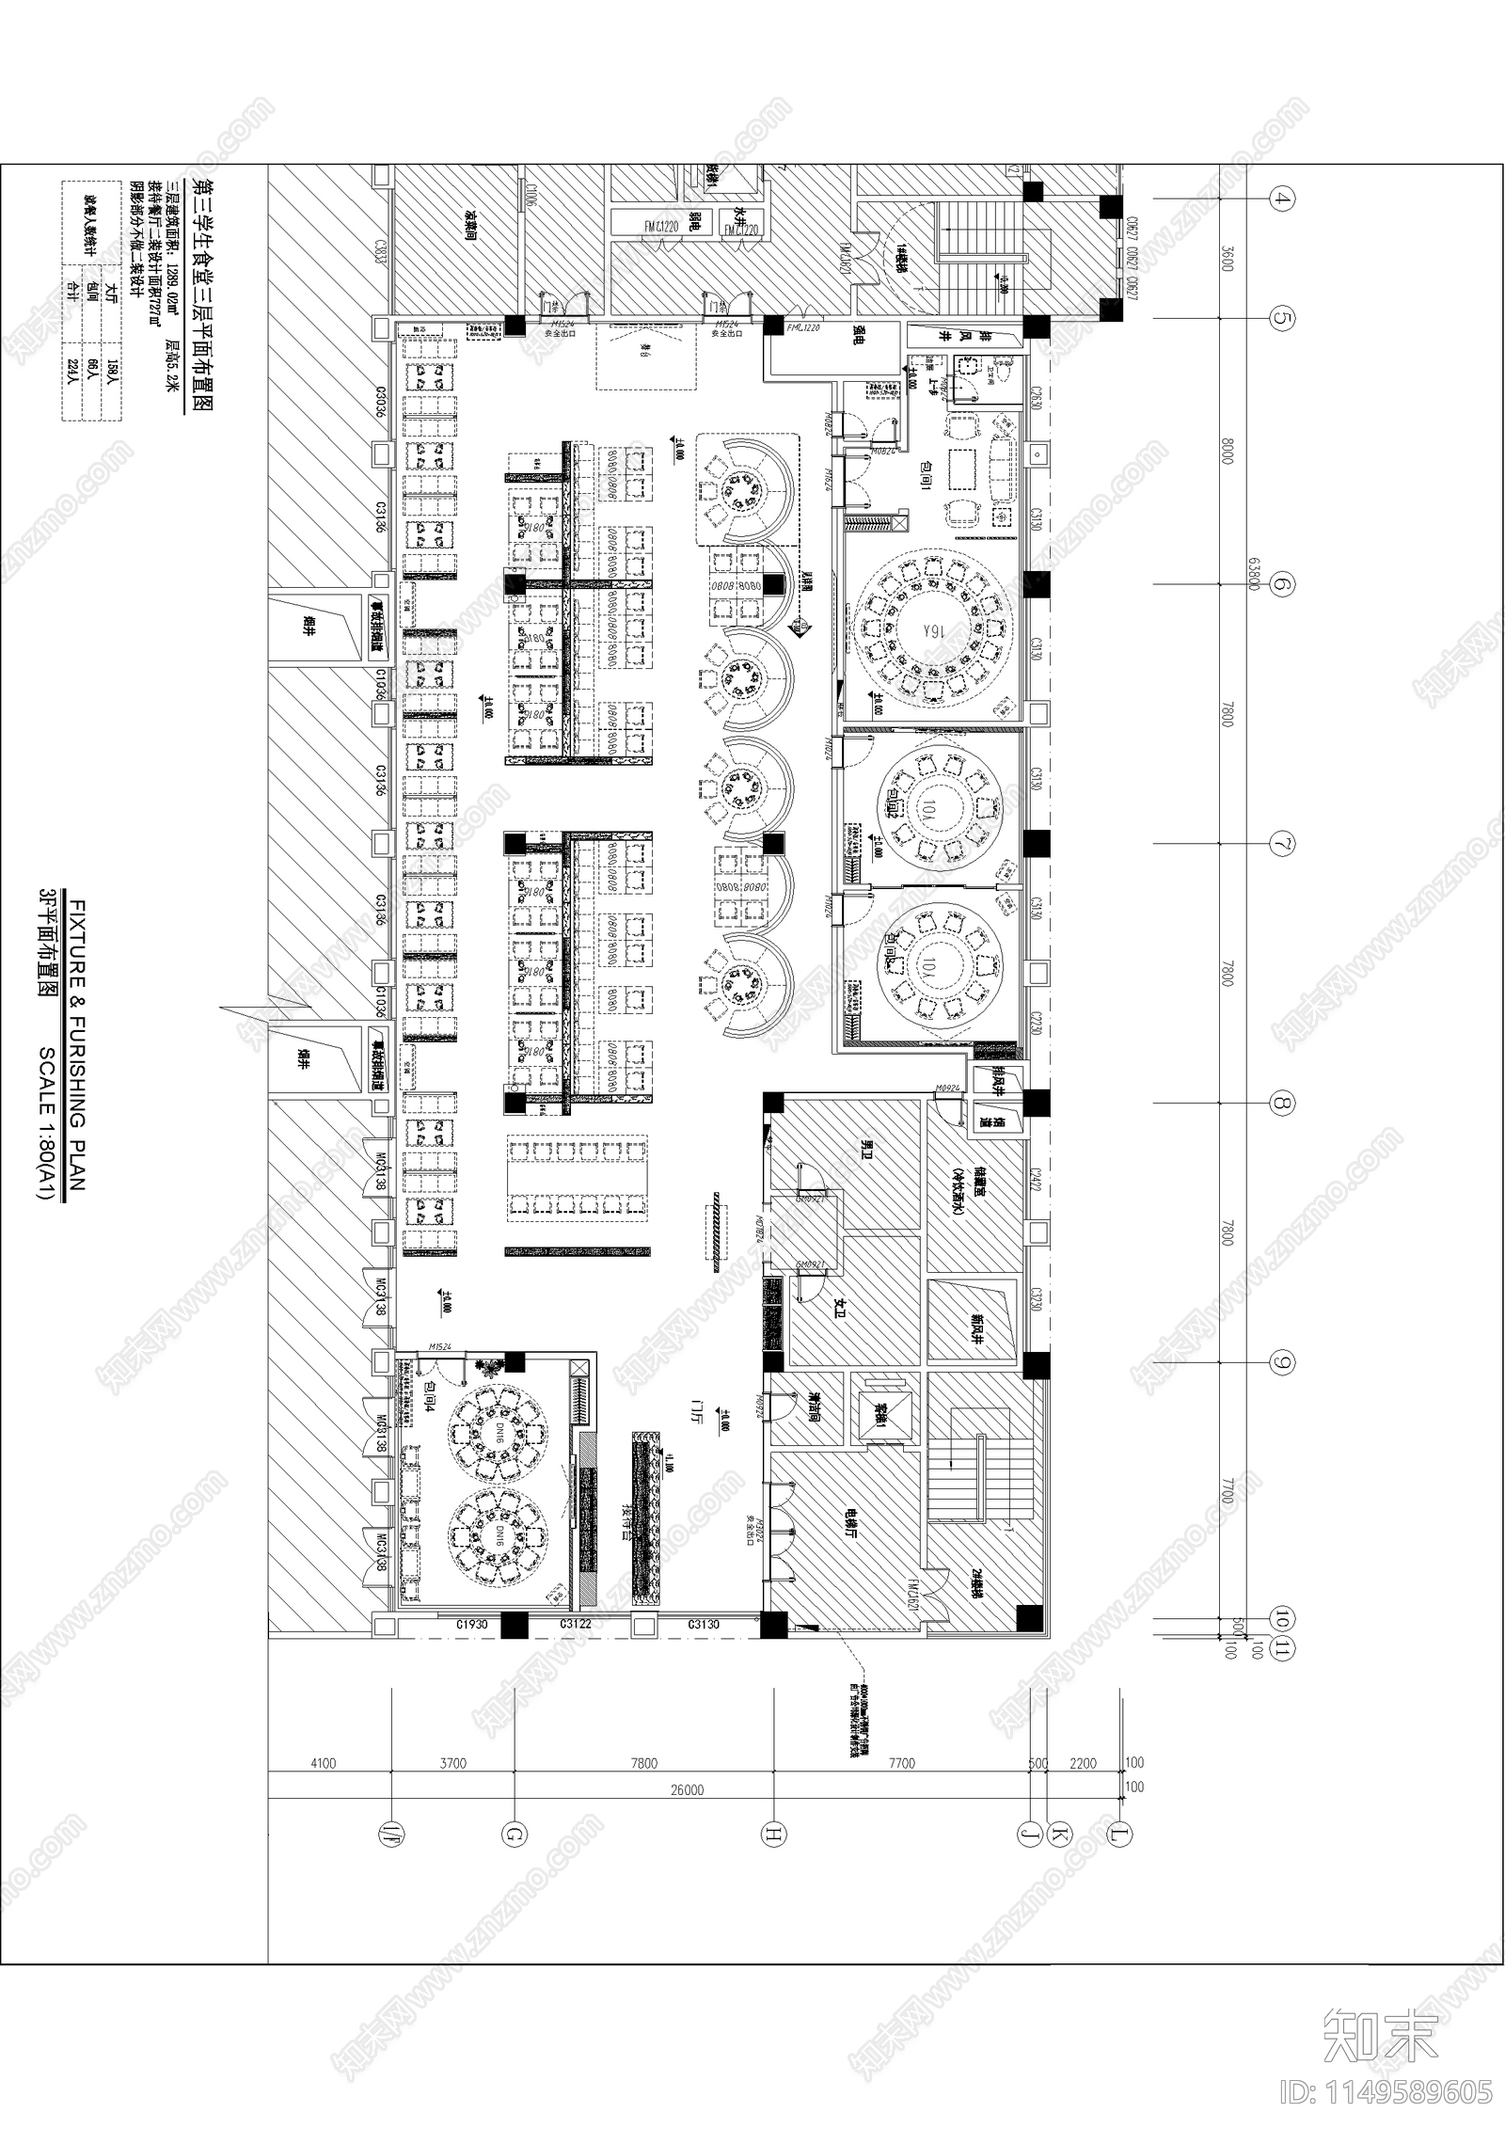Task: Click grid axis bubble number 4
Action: click(x=1282, y=199)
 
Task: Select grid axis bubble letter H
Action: click(x=772, y=1834)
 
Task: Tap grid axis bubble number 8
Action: click(x=1282, y=1104)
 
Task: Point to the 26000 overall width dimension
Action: click(x=688, y=1790)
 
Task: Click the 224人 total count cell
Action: click(x=72, y=376)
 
